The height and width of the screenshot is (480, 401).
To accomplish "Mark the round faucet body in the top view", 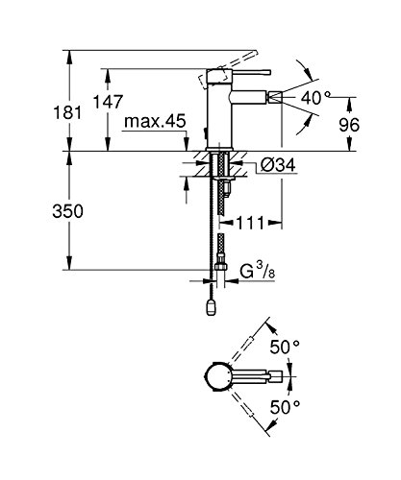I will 217,377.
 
